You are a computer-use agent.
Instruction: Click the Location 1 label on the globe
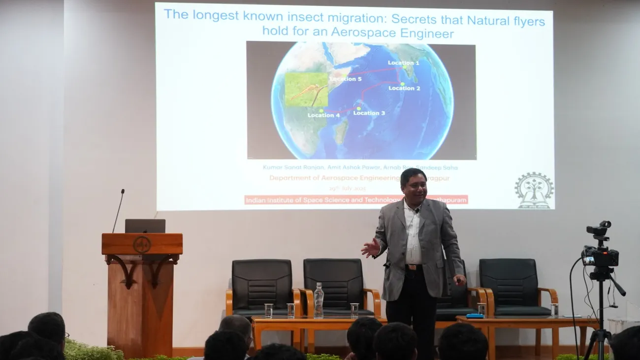(403, 63)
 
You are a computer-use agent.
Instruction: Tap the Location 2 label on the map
(404, 88)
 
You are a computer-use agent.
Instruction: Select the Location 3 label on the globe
(369, 113)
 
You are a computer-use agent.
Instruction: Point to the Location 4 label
(323, 115)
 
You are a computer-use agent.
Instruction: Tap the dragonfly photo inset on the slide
(306, 90)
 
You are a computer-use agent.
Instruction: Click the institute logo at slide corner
(534, 190)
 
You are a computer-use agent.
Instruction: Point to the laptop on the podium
(145, 226)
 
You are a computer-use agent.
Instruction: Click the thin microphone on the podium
(118, 211)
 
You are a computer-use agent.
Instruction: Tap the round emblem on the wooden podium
(142, 244)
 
